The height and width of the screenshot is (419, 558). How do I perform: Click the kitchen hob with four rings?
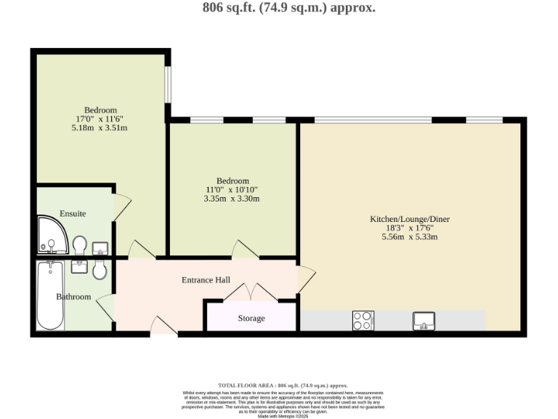click(363, 320)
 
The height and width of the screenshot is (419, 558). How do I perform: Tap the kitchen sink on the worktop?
click(424, 319)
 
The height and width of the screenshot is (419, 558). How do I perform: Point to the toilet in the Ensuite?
click(80, 243)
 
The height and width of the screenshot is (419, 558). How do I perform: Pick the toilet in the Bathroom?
click(100, 270)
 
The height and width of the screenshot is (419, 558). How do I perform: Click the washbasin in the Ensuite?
click(100, 247)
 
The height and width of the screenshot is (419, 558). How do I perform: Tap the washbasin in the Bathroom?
click(79, 266)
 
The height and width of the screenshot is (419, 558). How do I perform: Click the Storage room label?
click(251, 319)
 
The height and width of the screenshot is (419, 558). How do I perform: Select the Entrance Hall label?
click(206, 280)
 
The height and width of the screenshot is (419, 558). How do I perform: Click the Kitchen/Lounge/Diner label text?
click(410, 219)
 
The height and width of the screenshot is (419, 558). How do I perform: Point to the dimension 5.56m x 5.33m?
click(410, 236)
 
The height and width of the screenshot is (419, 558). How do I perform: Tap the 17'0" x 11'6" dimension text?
click(100, 119)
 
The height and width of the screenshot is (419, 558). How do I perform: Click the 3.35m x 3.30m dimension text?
click(232, 199)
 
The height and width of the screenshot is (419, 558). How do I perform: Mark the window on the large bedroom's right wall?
click(166, 85)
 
